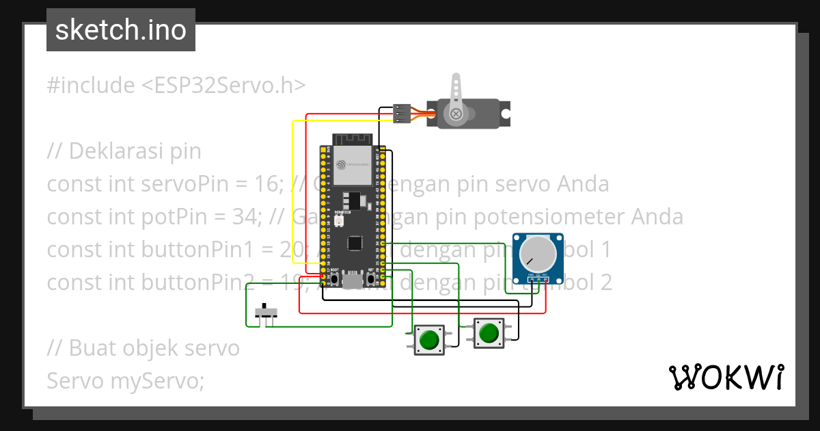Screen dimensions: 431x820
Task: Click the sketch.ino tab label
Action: [x=121, y=30]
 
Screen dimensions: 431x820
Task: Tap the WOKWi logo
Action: [x=726, y=378]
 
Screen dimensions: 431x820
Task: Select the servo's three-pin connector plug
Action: [x=402, y=113]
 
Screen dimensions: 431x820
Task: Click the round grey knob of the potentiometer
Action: [x=538, y=253]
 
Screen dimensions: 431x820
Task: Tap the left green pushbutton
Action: [x=429, y=339]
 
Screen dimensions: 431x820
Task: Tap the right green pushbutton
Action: [x=489, y=333]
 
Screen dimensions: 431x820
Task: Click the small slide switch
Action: [x=266, y=313]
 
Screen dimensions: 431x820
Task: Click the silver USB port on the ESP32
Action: [x=353, y=280]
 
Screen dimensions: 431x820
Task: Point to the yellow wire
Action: [x=293, y=192]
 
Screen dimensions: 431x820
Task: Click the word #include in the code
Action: [x=91, y=86]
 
